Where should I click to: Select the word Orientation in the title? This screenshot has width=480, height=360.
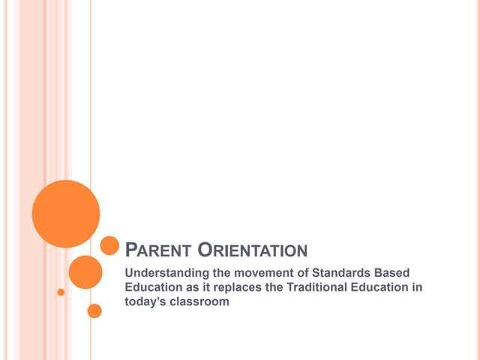(x=253, y=250)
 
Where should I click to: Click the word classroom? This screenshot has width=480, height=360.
(x=200, y=301)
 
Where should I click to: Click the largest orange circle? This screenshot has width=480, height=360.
(x=66, y=213)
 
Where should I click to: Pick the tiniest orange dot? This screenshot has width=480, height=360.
(x=61, y=292)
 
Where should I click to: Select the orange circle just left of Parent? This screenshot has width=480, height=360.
(x=109, y=245)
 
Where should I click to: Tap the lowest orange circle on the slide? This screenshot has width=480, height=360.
(x=94, y=310)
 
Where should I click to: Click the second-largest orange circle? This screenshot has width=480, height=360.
(x=85, y=271)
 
